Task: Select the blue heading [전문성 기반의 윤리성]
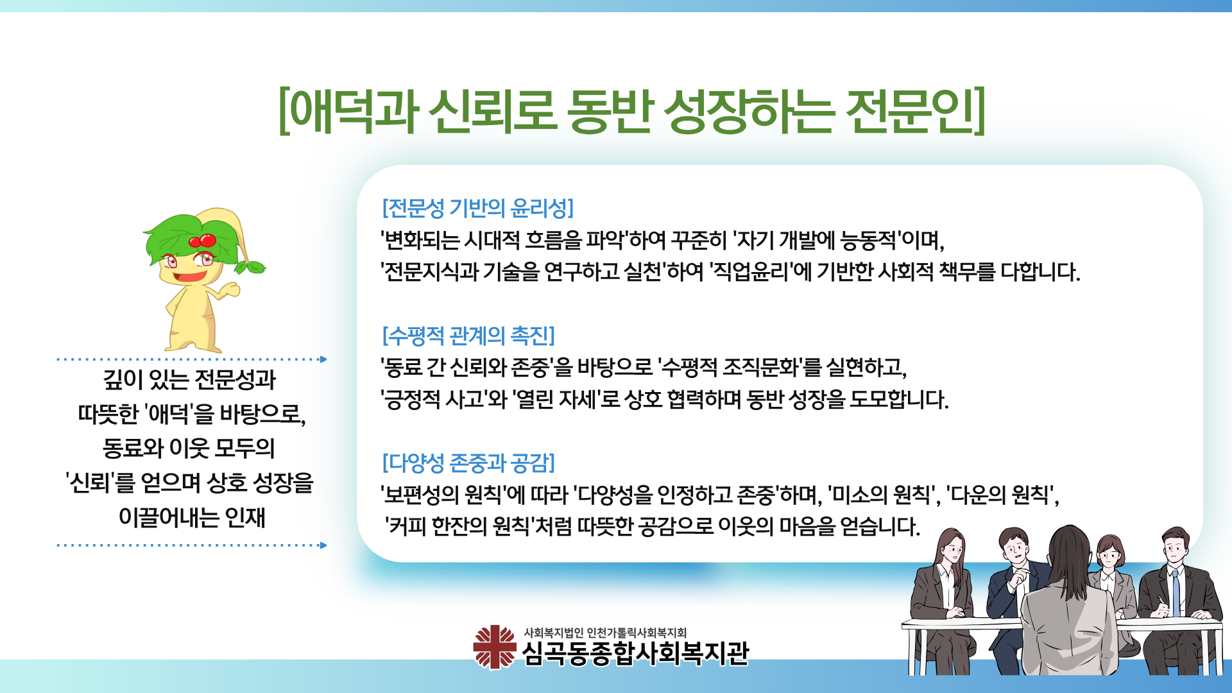478,208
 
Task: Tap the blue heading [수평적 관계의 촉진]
468,335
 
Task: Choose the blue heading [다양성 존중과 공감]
468,462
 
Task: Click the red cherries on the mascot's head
203,241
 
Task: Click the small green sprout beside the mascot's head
250,266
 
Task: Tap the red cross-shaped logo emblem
494,647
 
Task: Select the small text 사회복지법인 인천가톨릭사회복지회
605,633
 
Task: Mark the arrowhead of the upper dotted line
323,359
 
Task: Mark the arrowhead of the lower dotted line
323,545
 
